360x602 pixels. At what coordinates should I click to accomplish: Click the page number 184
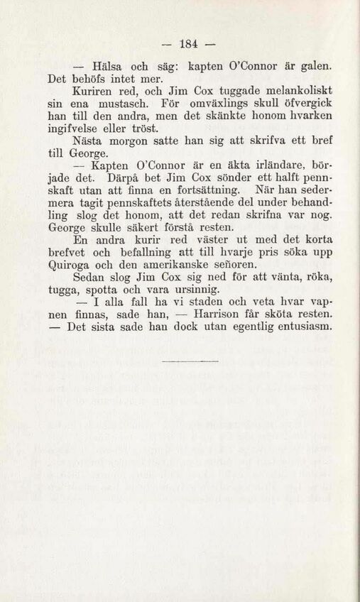(179, 40)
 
